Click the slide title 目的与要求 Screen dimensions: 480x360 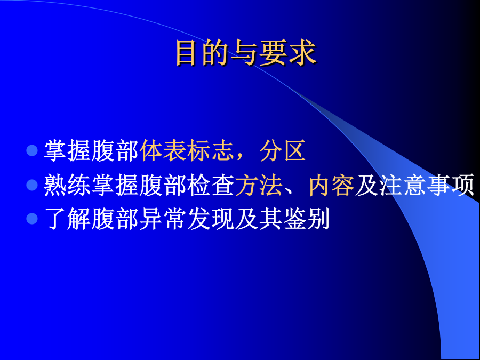(x=246, y=53)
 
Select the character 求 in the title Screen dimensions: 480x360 (x=302, y=53)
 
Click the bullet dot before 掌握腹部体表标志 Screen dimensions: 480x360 (x=32, y=150)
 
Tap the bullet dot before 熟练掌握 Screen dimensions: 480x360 (x=32, y=185)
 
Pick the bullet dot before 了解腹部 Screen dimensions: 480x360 (x=32, y=219)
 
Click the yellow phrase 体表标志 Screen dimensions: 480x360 (x=187, y=150)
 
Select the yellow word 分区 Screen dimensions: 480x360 (x=283, y=150)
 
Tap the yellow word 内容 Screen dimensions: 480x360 (x=332, y=185)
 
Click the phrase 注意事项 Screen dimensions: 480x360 (x=427, y=185)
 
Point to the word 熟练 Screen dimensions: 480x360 (x=67, y=185)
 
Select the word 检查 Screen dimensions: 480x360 (x=211, y=185)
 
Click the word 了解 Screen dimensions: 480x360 (x=67, y=219)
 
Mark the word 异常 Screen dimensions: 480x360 (x=163, y=219)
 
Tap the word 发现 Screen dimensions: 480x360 (x=211, y=219)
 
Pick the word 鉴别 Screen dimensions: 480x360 (x=307, y=219)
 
